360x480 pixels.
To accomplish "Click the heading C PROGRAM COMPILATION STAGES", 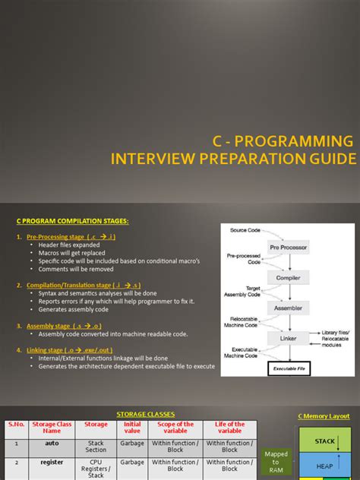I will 72,221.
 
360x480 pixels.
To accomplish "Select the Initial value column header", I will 131,428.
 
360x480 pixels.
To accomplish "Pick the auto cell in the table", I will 52,444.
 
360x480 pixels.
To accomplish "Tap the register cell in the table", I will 52,462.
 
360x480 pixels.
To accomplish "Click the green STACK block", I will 325,441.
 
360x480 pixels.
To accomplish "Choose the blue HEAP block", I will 325,466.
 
